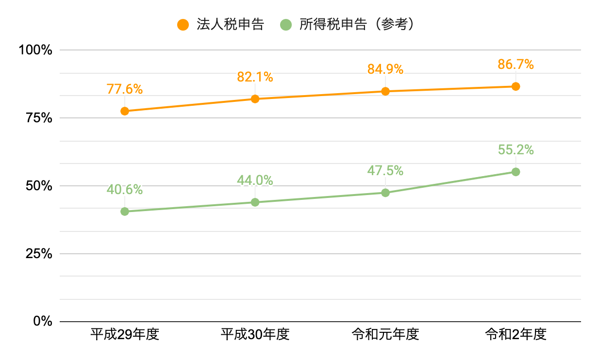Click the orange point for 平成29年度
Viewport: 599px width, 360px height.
click(125, 111)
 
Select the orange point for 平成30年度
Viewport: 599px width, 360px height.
click(255, 99)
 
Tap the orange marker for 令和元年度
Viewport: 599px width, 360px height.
click(385, 91)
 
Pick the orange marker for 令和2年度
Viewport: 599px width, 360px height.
click(516, 86)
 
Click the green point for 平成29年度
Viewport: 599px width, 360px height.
click(125, 212)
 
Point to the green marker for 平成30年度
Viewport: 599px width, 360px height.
click(255, 202)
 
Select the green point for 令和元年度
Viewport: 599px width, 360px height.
click(385, 193)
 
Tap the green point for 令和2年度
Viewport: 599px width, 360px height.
click(516, 172)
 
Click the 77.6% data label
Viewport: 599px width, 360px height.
click(125, 89)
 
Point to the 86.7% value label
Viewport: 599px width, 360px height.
click(516, 65)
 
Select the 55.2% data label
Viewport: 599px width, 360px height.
click(516, 150)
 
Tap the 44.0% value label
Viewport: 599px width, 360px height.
click(255, 180)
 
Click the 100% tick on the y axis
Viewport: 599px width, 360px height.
click(35, 50)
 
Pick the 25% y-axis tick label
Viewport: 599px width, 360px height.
click(38, 254)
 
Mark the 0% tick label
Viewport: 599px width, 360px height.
click(42, 322)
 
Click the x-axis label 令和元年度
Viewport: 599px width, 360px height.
click(385, 335)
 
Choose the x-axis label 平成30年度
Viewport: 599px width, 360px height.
click(255, 335)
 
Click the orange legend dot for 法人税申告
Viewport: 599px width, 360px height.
click(183, 25)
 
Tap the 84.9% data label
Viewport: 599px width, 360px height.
click(385, 69)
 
